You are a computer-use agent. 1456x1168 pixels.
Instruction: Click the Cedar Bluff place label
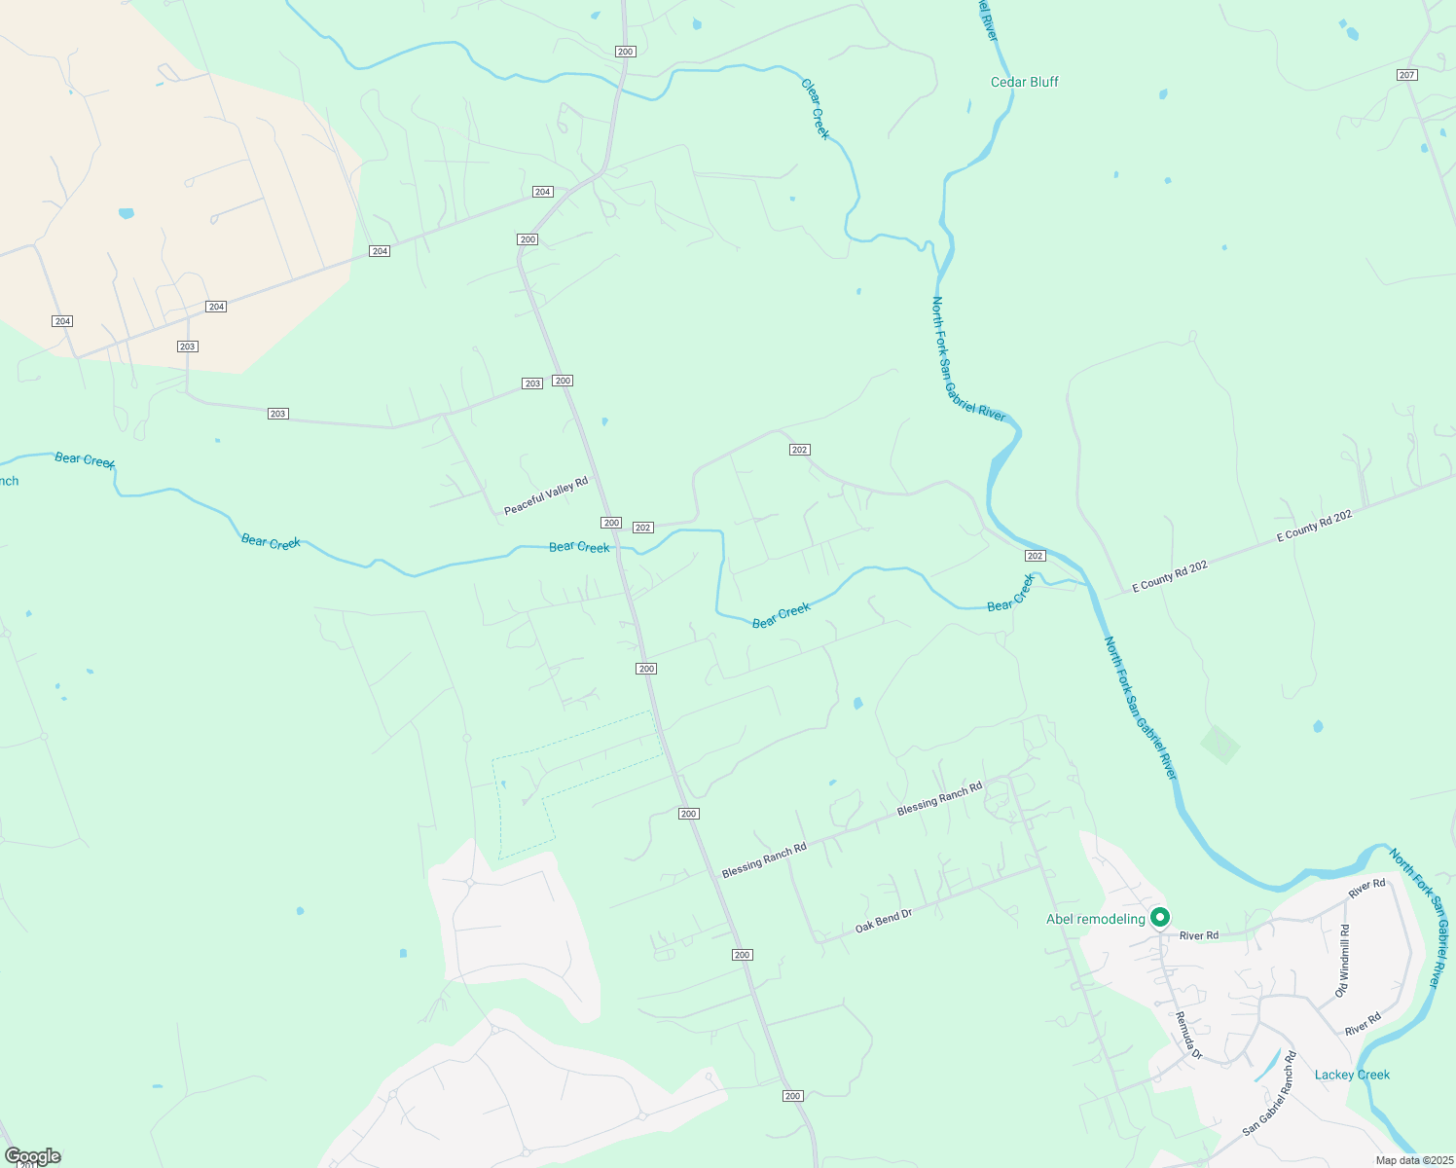pyautogui.click(x=1024, y=82)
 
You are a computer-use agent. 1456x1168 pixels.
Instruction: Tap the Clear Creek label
pyautogui.click(x=816, y=108)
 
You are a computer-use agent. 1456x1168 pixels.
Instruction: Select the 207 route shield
pyautogui.click(x=1406, y=75)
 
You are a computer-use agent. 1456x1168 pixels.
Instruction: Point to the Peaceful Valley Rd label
pyautogui.click(x=546, y=496)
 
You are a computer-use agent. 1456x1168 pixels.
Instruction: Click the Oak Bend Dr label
pyautogui.click(x=884, y=922)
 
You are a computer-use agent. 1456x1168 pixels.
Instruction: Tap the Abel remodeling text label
pyautogui.click(x=1095, y=919)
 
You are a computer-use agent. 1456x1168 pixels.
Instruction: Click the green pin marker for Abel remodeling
pyautogui.click(x=1159, y=917)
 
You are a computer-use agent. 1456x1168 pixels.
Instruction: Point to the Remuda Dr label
pyautogui.click(x=1188, y=1036)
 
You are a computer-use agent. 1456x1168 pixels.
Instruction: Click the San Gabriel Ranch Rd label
pyautogui.click(x=1270, y=1093)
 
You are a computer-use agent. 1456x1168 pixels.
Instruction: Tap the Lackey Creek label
pyautogui.click(x=1352, y=1075)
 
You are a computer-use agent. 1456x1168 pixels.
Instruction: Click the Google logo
pyautogui.click(x=32, y=1156)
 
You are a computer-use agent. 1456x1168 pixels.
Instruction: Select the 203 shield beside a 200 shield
pyautogui.click(x=532, y=383)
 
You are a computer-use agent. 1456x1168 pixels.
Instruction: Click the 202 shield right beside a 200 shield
pyautogui.click(x=642, y=528)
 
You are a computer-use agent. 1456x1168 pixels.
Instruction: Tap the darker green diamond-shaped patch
pyautogui.click(x=1219, y=745)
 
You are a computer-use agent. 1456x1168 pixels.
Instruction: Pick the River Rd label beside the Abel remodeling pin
pyautogui.click(x=1198, y=935)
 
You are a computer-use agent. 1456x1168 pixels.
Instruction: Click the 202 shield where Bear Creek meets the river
pyautogui.click(x=1035, y=556)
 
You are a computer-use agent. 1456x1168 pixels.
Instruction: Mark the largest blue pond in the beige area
pyautogui.click(x=126, y=213)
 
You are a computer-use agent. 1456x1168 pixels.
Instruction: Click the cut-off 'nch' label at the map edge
pyautogui.click(x=9, y=481)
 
